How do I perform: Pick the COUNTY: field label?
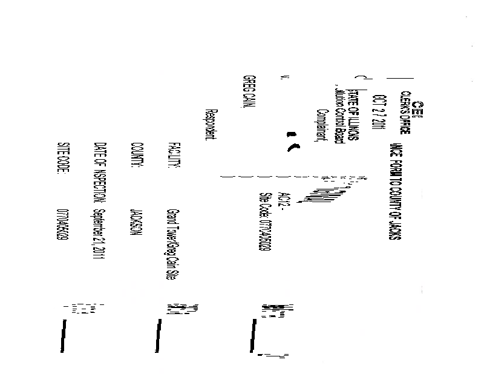click(x=136, y=154)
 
